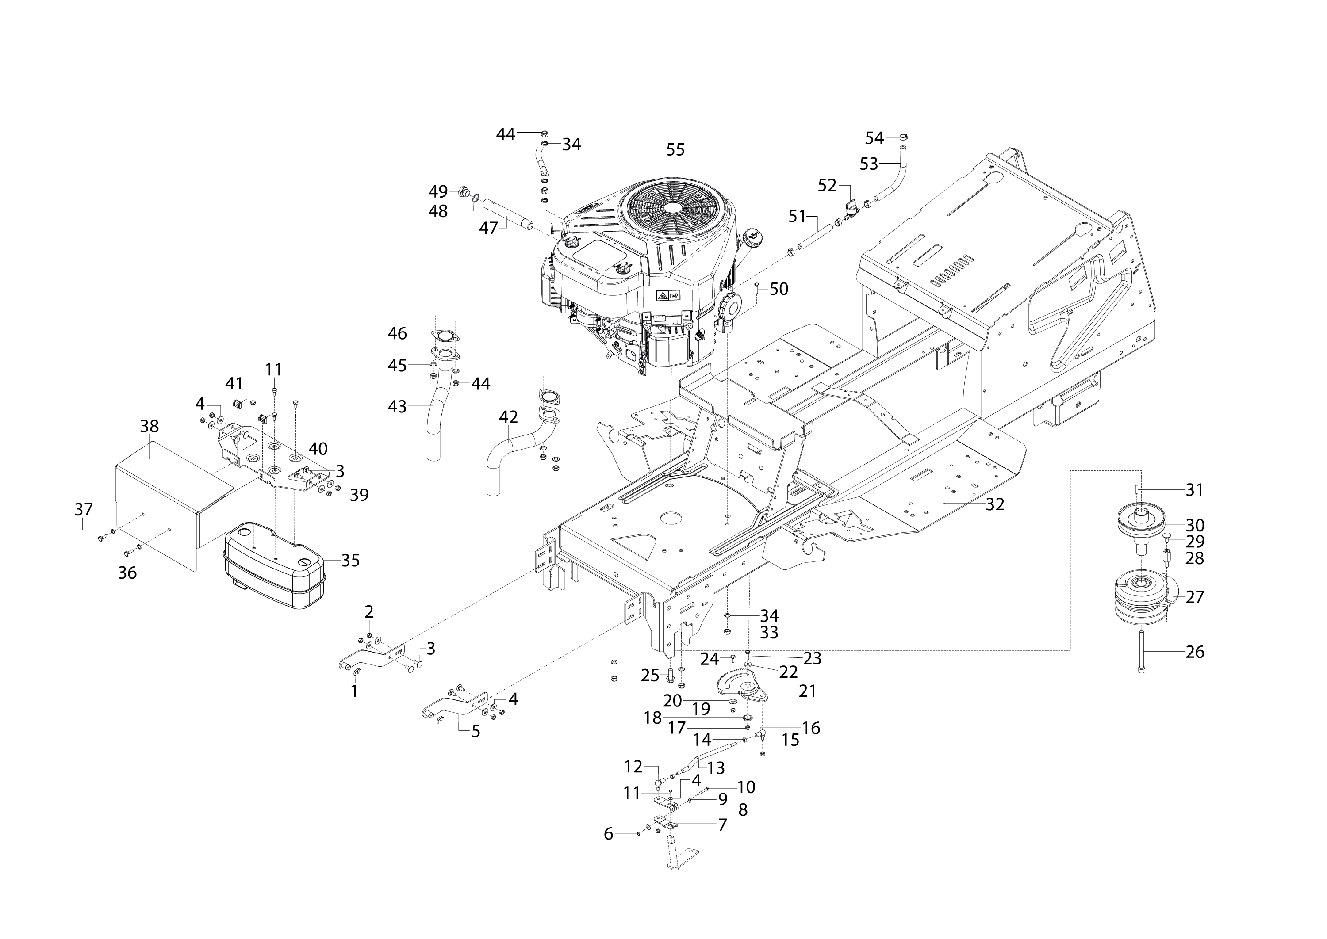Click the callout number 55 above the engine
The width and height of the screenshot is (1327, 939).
pos(675,150)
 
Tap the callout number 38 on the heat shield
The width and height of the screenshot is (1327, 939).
pos(149,426)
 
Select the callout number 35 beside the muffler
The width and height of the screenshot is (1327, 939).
pos(351,560)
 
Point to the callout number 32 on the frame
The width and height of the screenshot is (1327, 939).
pos(995,504)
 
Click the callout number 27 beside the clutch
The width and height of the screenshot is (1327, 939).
pos(1195,597)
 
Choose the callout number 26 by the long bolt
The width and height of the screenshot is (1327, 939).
pos(1195,652)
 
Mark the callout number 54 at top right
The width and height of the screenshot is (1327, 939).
pos(874,138)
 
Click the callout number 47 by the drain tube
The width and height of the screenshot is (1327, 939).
pos(488,229)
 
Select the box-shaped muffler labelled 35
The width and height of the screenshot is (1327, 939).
pos(274,565)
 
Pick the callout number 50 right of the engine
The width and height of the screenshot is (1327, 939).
pos(779,289)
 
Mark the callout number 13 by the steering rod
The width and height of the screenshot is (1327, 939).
pos(716,768)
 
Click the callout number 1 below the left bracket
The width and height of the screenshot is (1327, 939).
pos(354,691)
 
